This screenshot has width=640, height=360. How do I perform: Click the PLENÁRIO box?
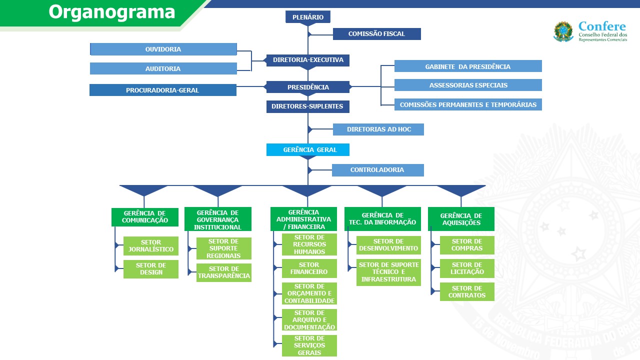click(308, 17)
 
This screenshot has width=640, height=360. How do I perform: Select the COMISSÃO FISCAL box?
click(376, 34)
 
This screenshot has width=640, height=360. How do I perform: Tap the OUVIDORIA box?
click(163, 49)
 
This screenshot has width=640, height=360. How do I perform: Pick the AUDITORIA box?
click(163, 68)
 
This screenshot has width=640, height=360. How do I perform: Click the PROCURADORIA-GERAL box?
click(163, 90)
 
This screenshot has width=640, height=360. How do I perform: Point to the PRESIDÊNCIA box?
click(308, 87)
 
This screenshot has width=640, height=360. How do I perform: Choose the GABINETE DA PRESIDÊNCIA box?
click(468, 66)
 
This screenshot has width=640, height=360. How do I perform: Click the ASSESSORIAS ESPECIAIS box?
click(468, 85)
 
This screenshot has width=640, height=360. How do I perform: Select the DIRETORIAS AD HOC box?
click(378, 129)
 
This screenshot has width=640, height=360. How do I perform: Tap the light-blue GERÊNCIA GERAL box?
click(308, 149)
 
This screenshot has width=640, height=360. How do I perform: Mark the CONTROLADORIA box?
click(377, 170)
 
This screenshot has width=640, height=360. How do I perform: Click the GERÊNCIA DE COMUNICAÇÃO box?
click(144, 217)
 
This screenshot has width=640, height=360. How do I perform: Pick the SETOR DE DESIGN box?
click(151, 269)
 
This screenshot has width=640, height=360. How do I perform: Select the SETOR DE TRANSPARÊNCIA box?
click(224, 272)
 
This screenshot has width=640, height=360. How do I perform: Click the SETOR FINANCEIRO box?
click(309, 268)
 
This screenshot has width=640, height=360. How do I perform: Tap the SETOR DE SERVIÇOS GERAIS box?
click(309, 345)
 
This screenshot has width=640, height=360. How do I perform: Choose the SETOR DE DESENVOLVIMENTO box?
click(388, 245)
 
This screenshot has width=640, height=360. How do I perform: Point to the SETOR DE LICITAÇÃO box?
click(467, 268)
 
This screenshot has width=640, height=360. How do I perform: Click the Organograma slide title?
click(112, 12)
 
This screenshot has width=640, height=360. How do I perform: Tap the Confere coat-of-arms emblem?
click(563, 31)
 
